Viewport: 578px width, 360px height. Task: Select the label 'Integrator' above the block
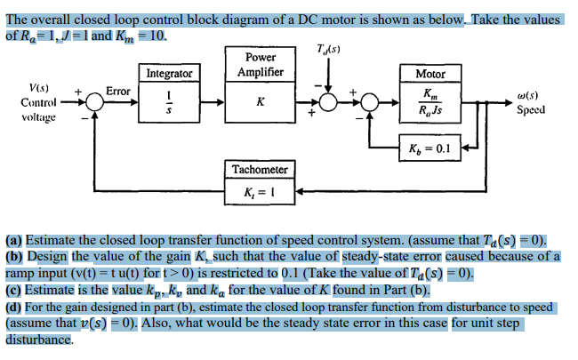pos(169,73)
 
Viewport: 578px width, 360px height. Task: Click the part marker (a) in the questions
pos(14,240)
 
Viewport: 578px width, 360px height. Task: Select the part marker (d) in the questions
pos(14,308)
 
